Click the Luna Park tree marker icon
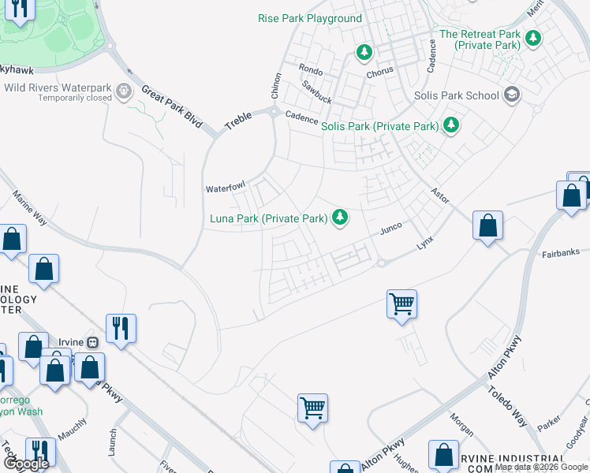click(340, 217)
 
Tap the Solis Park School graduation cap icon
click(512, 95)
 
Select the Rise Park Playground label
click(310, 18)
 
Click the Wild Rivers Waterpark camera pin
click(124, 92)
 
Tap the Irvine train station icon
click(93, 342)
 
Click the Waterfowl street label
click(226, 188)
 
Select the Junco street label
click(391, 228)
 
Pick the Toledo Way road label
click(507, 407)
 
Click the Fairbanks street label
click(561, 253)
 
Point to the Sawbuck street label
click(316, 91)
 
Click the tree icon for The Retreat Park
click(533, 38)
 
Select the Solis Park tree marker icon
click(451, 125)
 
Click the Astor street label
click(439, 196)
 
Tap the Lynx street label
click(425, 244)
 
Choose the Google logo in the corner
click(27, 464)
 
